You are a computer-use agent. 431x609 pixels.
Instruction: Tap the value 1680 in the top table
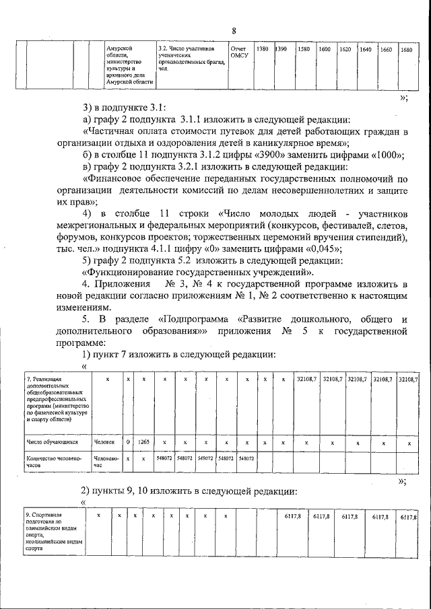[406, 50]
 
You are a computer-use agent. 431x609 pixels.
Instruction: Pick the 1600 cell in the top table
[325, 50]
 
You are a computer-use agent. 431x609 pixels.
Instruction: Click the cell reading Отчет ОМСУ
[240, 53]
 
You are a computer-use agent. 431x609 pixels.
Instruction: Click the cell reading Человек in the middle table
[104, 443]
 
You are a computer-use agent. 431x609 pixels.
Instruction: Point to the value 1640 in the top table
[366, 50]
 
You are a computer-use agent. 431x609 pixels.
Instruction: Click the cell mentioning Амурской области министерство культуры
[130, 66]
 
